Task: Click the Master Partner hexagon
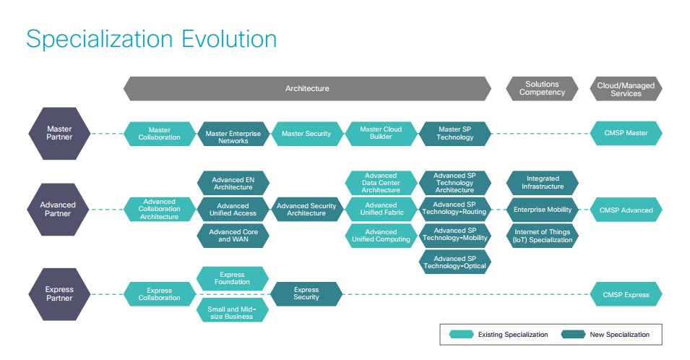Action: (x=59, y=133)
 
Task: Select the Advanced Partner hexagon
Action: (x=59, y=210)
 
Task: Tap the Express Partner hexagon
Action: (x=59, y=293)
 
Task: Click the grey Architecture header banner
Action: (x=307, y=88)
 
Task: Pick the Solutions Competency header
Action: (x=542, y=88)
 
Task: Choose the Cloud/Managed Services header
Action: (x=626, y=89)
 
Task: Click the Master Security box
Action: (x=306, y=134)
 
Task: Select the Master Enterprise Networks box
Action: (x=233, y=137)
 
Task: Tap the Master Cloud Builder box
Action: (x=381, y=133)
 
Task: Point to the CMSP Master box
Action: (x=626, y=133)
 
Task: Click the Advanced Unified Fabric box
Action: (x=381, y=210)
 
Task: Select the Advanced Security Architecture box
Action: (x=306, y=210)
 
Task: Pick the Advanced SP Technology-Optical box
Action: (x=454, y=262)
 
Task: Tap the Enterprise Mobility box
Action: (x=542, y=210)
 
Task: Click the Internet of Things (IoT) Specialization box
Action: (x=542, y=236)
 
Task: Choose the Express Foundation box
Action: (x=233, y=278)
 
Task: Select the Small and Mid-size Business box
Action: (x=233, y=312)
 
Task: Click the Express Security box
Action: (x=306, y=293)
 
